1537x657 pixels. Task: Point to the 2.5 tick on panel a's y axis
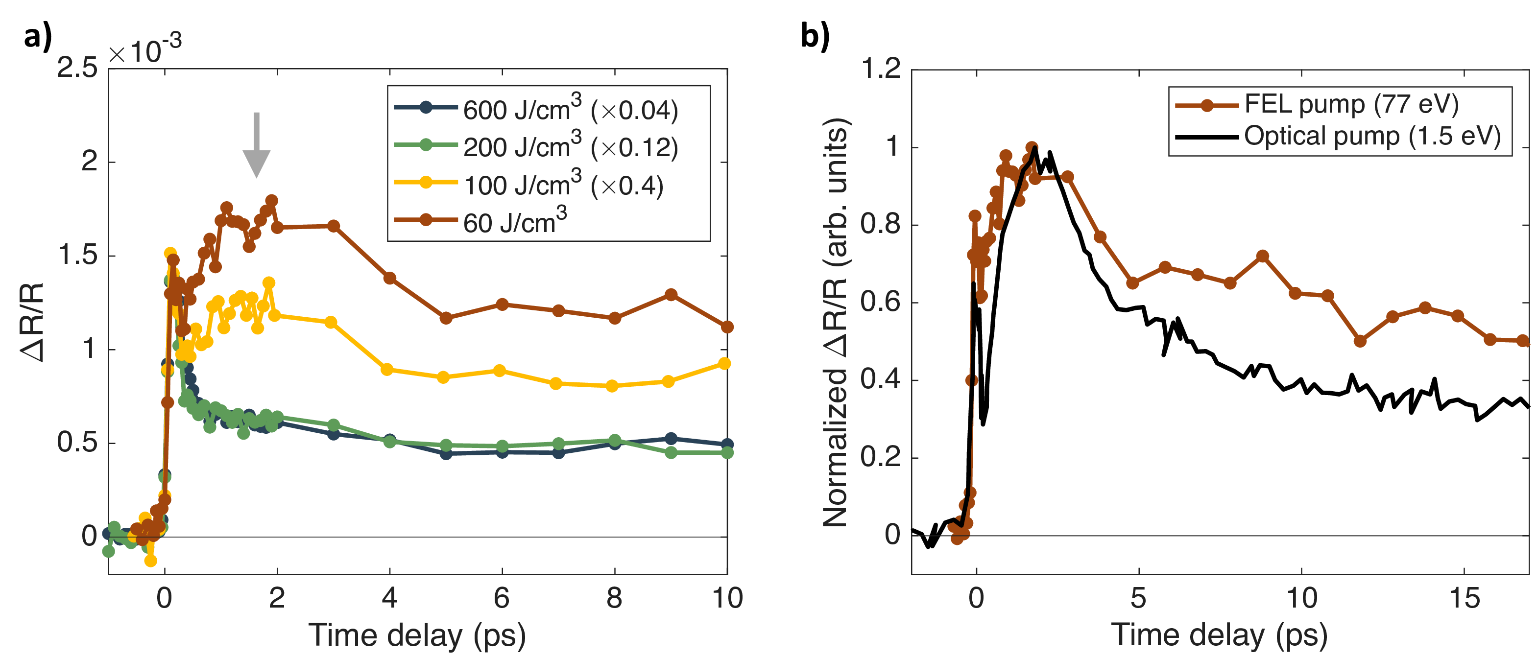pyautogui.click(x=77, y=68)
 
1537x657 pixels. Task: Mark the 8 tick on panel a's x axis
pyautogui.click(x=614, y=598)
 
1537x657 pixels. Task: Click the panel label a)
pyautogui.click(x=38, y=37)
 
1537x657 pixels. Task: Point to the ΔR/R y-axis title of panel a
pyautogui.click(x=32, y=322)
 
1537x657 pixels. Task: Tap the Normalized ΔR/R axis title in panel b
pyautogui.click(x=835, y=322)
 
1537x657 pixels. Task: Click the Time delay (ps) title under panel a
pyautogui.click(x=417, y=635)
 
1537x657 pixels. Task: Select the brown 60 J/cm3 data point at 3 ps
pyautogui.click(x=334, y=226)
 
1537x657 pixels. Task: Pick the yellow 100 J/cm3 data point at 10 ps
pyautogui.click(x=724, y=364)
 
